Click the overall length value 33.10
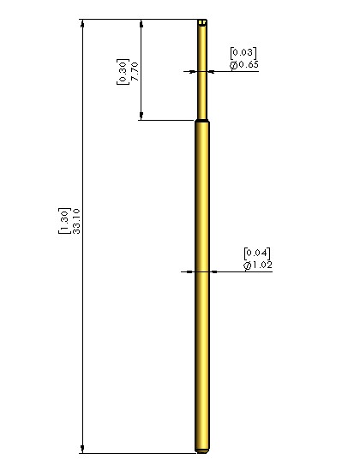pyautogui.click(x=76, y=221)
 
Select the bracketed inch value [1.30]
pyautogui.click(x=64, y=220)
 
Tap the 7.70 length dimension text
pyautogui.click(x=135, y=71)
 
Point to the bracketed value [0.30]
pyautogui.click(x=123, y=72)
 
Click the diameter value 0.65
pyautogui.click(x=249, y=64)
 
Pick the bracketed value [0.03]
pyautogui.click(x=243, y=53)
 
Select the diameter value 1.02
pyautogui.click(x=262, y=265)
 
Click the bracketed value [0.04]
pyautogui.click(x=257, y=253)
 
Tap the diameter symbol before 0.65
pyautogui.click(x=234, y=65)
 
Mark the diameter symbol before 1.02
pyautogui.click(x=247, y=265)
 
